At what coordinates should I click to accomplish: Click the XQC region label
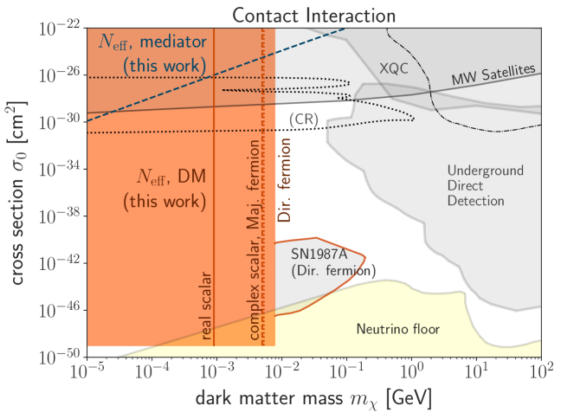click(393, 68)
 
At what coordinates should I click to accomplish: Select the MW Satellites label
click(494, 75)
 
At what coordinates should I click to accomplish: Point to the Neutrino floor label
click(398, 329)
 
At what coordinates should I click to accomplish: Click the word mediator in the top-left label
click(172, 42)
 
